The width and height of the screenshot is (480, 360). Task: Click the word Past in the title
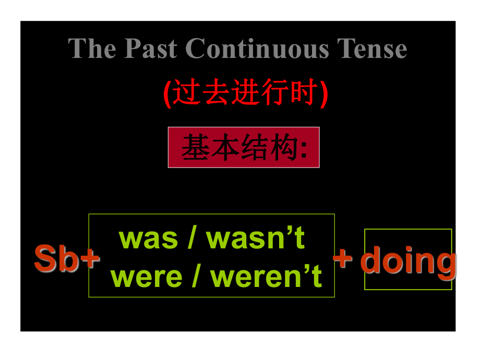[x=151, y=49]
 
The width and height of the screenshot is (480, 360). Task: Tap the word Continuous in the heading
[x=257, y=49]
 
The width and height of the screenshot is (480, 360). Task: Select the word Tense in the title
[x=372, y=49]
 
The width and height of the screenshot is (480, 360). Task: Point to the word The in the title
[x=92, y=49]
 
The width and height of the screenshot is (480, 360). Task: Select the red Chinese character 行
[x=274, y=92]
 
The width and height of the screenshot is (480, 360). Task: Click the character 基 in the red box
[x=196, y=147]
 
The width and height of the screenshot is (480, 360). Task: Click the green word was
[x=148, y=239]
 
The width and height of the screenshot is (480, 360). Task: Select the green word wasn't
[x=255, y=237]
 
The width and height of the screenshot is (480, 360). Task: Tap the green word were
[x=147, y=277]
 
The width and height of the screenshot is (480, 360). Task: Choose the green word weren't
[x=266, y=275]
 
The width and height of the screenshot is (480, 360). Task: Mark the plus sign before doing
[x=343, y=258]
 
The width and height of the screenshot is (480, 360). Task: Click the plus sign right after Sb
[x=90, y=259]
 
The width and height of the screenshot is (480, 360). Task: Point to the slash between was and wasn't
[x=192, y=237]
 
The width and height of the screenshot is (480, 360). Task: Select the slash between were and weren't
[x=196, y=276]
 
